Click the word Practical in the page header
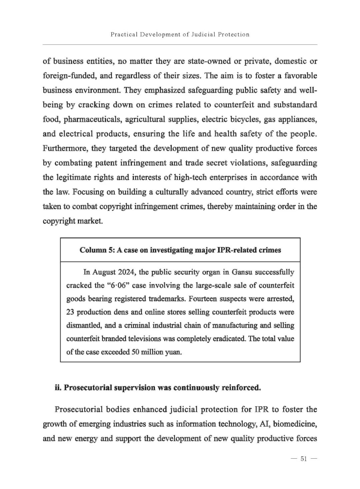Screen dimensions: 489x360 [123, 34]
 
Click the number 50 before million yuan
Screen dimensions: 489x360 [135, 352]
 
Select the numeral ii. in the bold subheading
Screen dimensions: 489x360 [58, 388]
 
